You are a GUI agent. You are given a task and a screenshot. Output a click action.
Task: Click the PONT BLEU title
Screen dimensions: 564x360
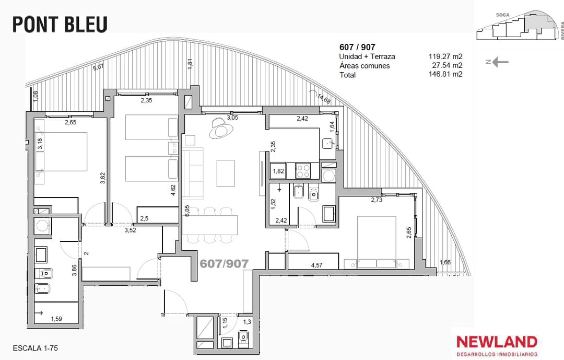(x=60, y=24)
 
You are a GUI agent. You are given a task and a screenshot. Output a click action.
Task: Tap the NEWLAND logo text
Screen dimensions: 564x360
(x=497, y=342)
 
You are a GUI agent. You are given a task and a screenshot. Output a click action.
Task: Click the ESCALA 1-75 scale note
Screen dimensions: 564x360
(x=36, y=348)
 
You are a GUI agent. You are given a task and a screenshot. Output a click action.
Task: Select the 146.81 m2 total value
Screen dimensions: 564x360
(x=445, y=74)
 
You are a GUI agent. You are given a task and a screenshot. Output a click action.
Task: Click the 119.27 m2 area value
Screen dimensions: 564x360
(x=445, y=56)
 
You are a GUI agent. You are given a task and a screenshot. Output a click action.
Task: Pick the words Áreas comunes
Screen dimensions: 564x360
(x=365, y=65)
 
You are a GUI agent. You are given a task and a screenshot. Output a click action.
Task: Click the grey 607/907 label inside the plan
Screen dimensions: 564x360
(x=224, y=264)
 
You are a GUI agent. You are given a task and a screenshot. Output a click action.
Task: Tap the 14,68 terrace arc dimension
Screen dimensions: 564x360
(x=324, y=98)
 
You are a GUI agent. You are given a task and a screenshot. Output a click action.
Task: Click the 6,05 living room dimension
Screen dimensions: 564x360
(x=186, y=211)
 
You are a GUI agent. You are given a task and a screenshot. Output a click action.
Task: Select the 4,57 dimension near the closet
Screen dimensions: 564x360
(x=316, y=265)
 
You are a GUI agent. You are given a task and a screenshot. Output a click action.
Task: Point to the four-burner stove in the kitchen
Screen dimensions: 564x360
(x=303, y=171)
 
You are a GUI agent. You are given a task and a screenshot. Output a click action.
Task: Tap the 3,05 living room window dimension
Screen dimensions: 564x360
(x=232, y=118)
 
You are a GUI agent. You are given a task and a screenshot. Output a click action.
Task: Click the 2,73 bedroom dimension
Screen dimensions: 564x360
(x=377, y=200)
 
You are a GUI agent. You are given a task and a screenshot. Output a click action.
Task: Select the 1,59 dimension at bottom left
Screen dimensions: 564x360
(x=56, y=319)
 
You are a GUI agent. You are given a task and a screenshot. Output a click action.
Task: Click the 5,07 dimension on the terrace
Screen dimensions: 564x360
(x=98, y=67)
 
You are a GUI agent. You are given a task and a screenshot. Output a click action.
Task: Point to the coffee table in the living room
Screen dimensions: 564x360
(x=226, y=173)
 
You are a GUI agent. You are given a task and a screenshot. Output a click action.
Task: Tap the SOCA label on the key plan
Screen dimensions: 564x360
(x=502, y=15)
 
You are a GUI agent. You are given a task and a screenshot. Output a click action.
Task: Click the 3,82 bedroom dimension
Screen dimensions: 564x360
(x=102, y=179)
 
